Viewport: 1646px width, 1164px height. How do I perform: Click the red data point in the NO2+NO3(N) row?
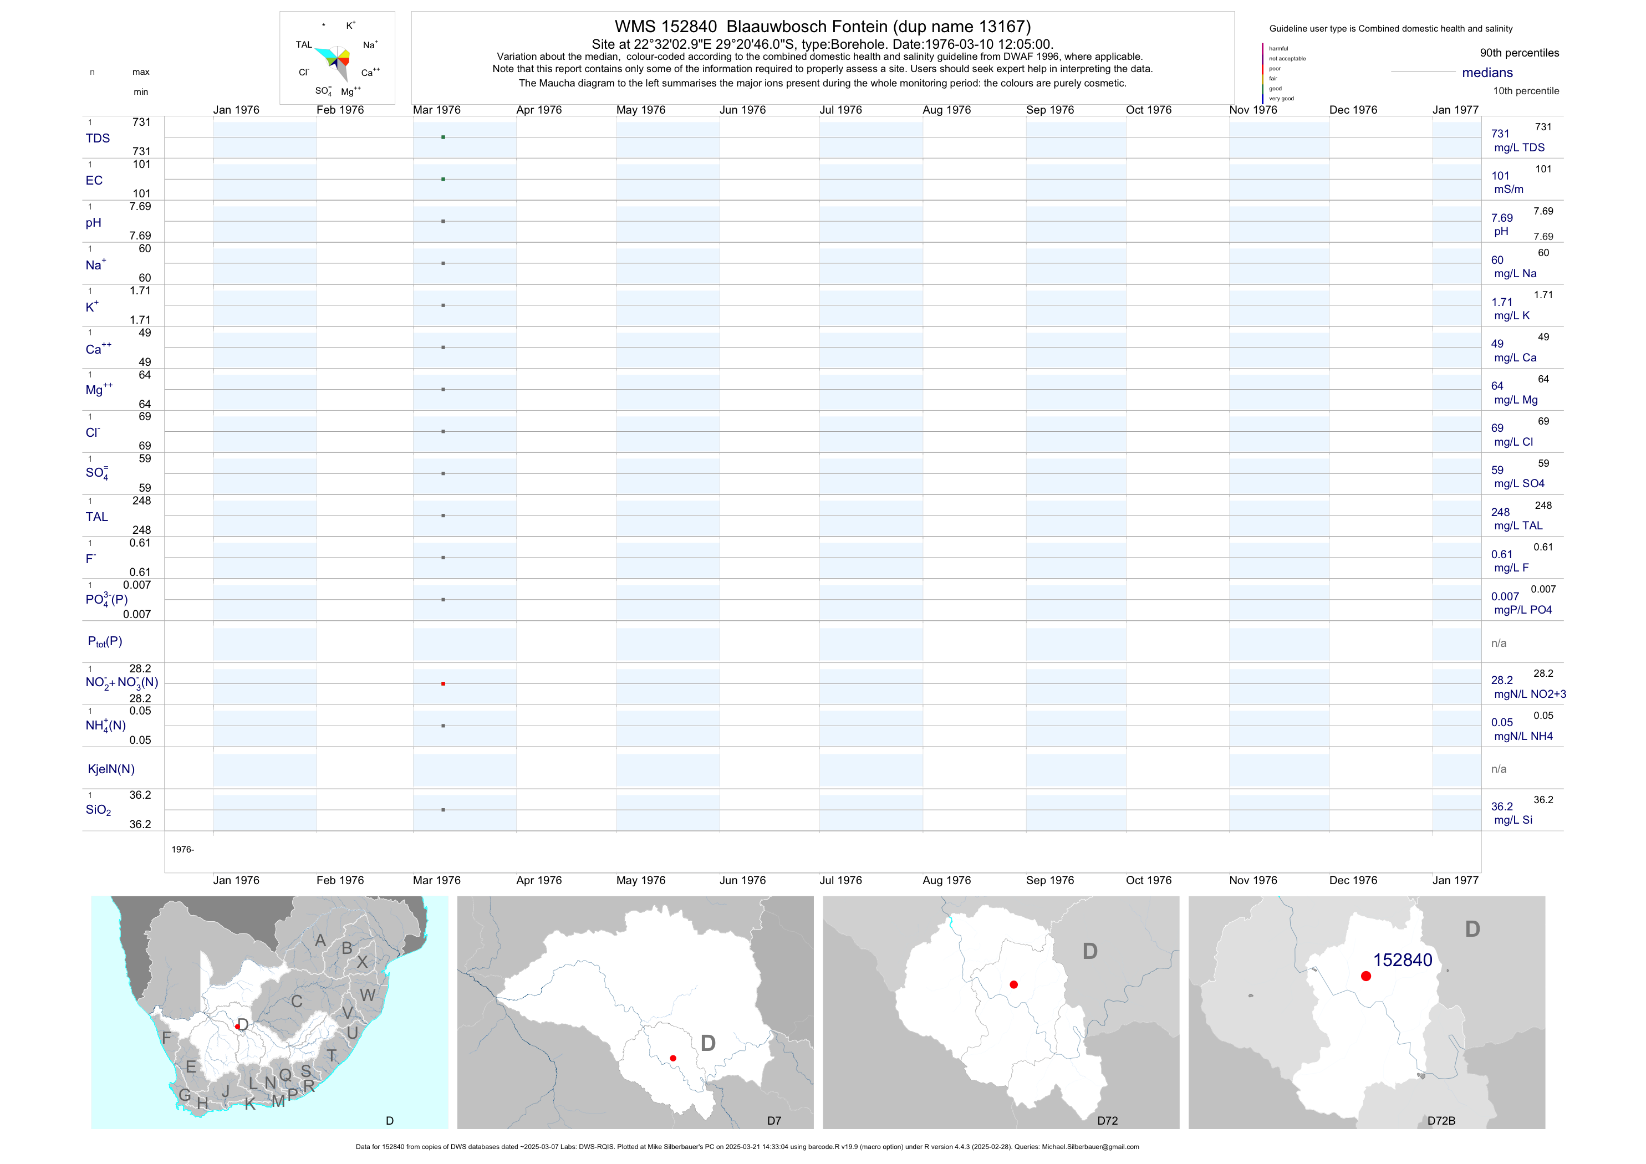point(443,684)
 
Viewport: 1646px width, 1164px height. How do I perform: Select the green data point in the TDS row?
point(443,137)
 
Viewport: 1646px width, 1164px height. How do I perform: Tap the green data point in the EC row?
point(443,179)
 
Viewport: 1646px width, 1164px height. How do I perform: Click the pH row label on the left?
point(93,222)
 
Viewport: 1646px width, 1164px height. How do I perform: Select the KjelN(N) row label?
point(111,769)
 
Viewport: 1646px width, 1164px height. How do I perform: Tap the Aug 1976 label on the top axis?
point(946,110)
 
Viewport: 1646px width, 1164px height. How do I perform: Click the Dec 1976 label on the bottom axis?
point(1353,880)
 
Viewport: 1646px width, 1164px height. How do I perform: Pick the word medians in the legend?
point(1487,73)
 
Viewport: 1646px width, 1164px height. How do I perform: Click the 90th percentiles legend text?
point(1519,53)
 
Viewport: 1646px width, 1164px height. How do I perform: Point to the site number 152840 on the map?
point(1402,961)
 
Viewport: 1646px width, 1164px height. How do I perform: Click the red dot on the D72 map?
point(1013,985)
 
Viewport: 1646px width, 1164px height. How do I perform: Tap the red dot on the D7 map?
point(673,1058)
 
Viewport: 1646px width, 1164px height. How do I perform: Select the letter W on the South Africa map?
point(368,995)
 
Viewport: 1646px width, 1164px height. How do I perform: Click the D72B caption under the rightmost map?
point(1441,1121)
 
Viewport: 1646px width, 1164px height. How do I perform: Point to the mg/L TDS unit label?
point(1519,147)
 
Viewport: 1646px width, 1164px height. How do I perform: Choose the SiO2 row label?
point(98,810)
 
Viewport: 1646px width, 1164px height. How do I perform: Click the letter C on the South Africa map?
point(297,1001)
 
